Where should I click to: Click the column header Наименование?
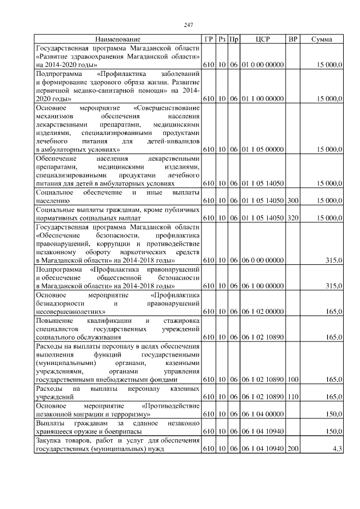coord(118,40)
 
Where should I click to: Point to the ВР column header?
coord(292,40)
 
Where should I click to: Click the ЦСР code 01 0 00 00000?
coord(263,65)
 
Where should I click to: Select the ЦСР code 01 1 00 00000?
coord(263,99)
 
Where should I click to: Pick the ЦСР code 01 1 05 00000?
coord(263,150)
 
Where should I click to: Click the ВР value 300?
coord(292,200)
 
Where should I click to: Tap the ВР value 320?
coord(292,217)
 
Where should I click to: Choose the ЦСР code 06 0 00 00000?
coord(263,259)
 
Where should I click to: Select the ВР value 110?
coord(292,397)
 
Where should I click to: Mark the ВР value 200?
coord(292,448)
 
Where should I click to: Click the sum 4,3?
coord(337,448)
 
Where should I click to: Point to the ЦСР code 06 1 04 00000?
coord(263,414)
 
